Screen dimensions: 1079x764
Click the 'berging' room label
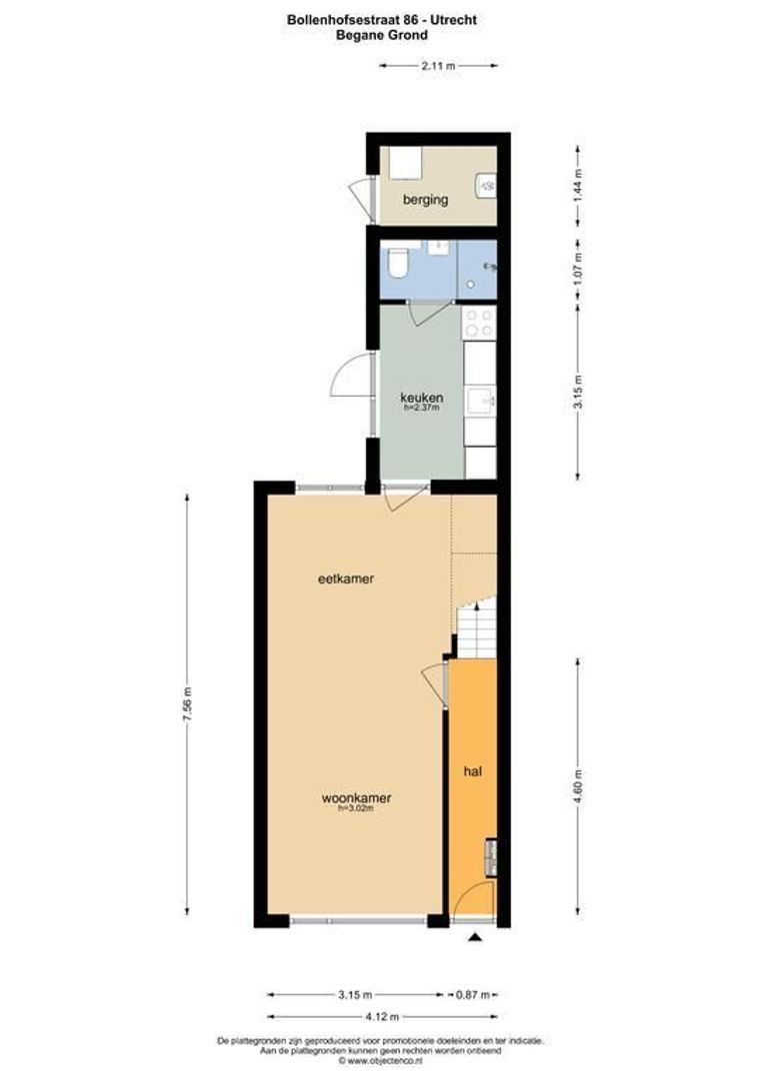click(x=425, y=200)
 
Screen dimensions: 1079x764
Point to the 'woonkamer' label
click(x=356, y=798)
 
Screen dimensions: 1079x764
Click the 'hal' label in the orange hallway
click(x=472, y=771)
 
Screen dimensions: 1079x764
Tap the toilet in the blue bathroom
click(x=398, y=263)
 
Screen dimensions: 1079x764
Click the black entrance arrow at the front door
click(x=474, y=936)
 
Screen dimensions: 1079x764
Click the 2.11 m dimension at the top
click(x=438, y=65)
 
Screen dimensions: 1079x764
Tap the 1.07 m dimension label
click(x=578, y=270)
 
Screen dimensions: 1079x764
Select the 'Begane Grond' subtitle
click(x=381, y=34)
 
